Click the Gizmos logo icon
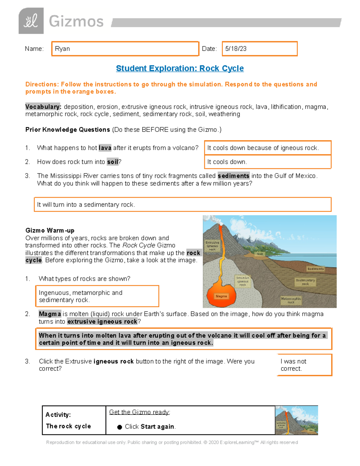pyautogui.click(x=31, y=21)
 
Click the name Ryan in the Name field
pyautogui.click(x=62, y=49)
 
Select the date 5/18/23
pyautogui.click(x=236, y=49)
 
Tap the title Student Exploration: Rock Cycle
pyautogui.click(x=180, y=68)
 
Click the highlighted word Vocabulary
pyautogui.click(x=43, y=107)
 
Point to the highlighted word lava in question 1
pyautogui.click(x=105, y=148)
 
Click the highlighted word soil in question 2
pyautogui.click(x=113, y=162)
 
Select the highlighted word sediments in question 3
pyautogui.click(x=233, y=176)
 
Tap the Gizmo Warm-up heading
pyautogui.click(x=50, y=230)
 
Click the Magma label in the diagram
pyautogui.click(x=221, y=296)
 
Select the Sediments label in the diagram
pyautogui.click(x=315, y=269)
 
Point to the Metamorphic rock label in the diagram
pyautogui.click(x=291, y=300)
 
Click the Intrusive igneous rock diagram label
pyautogui.click(x=243, y=281)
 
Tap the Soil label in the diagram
pyautogui.click(x=260, y=254)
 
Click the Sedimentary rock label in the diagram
pyautogui.click(x=305, y=282)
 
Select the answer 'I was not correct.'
pyautogui.click(x=293, y=365)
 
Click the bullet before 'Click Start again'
pyautogui.click(x=119, y=427)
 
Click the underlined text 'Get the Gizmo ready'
pyautogui.click(x=139, y=412)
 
